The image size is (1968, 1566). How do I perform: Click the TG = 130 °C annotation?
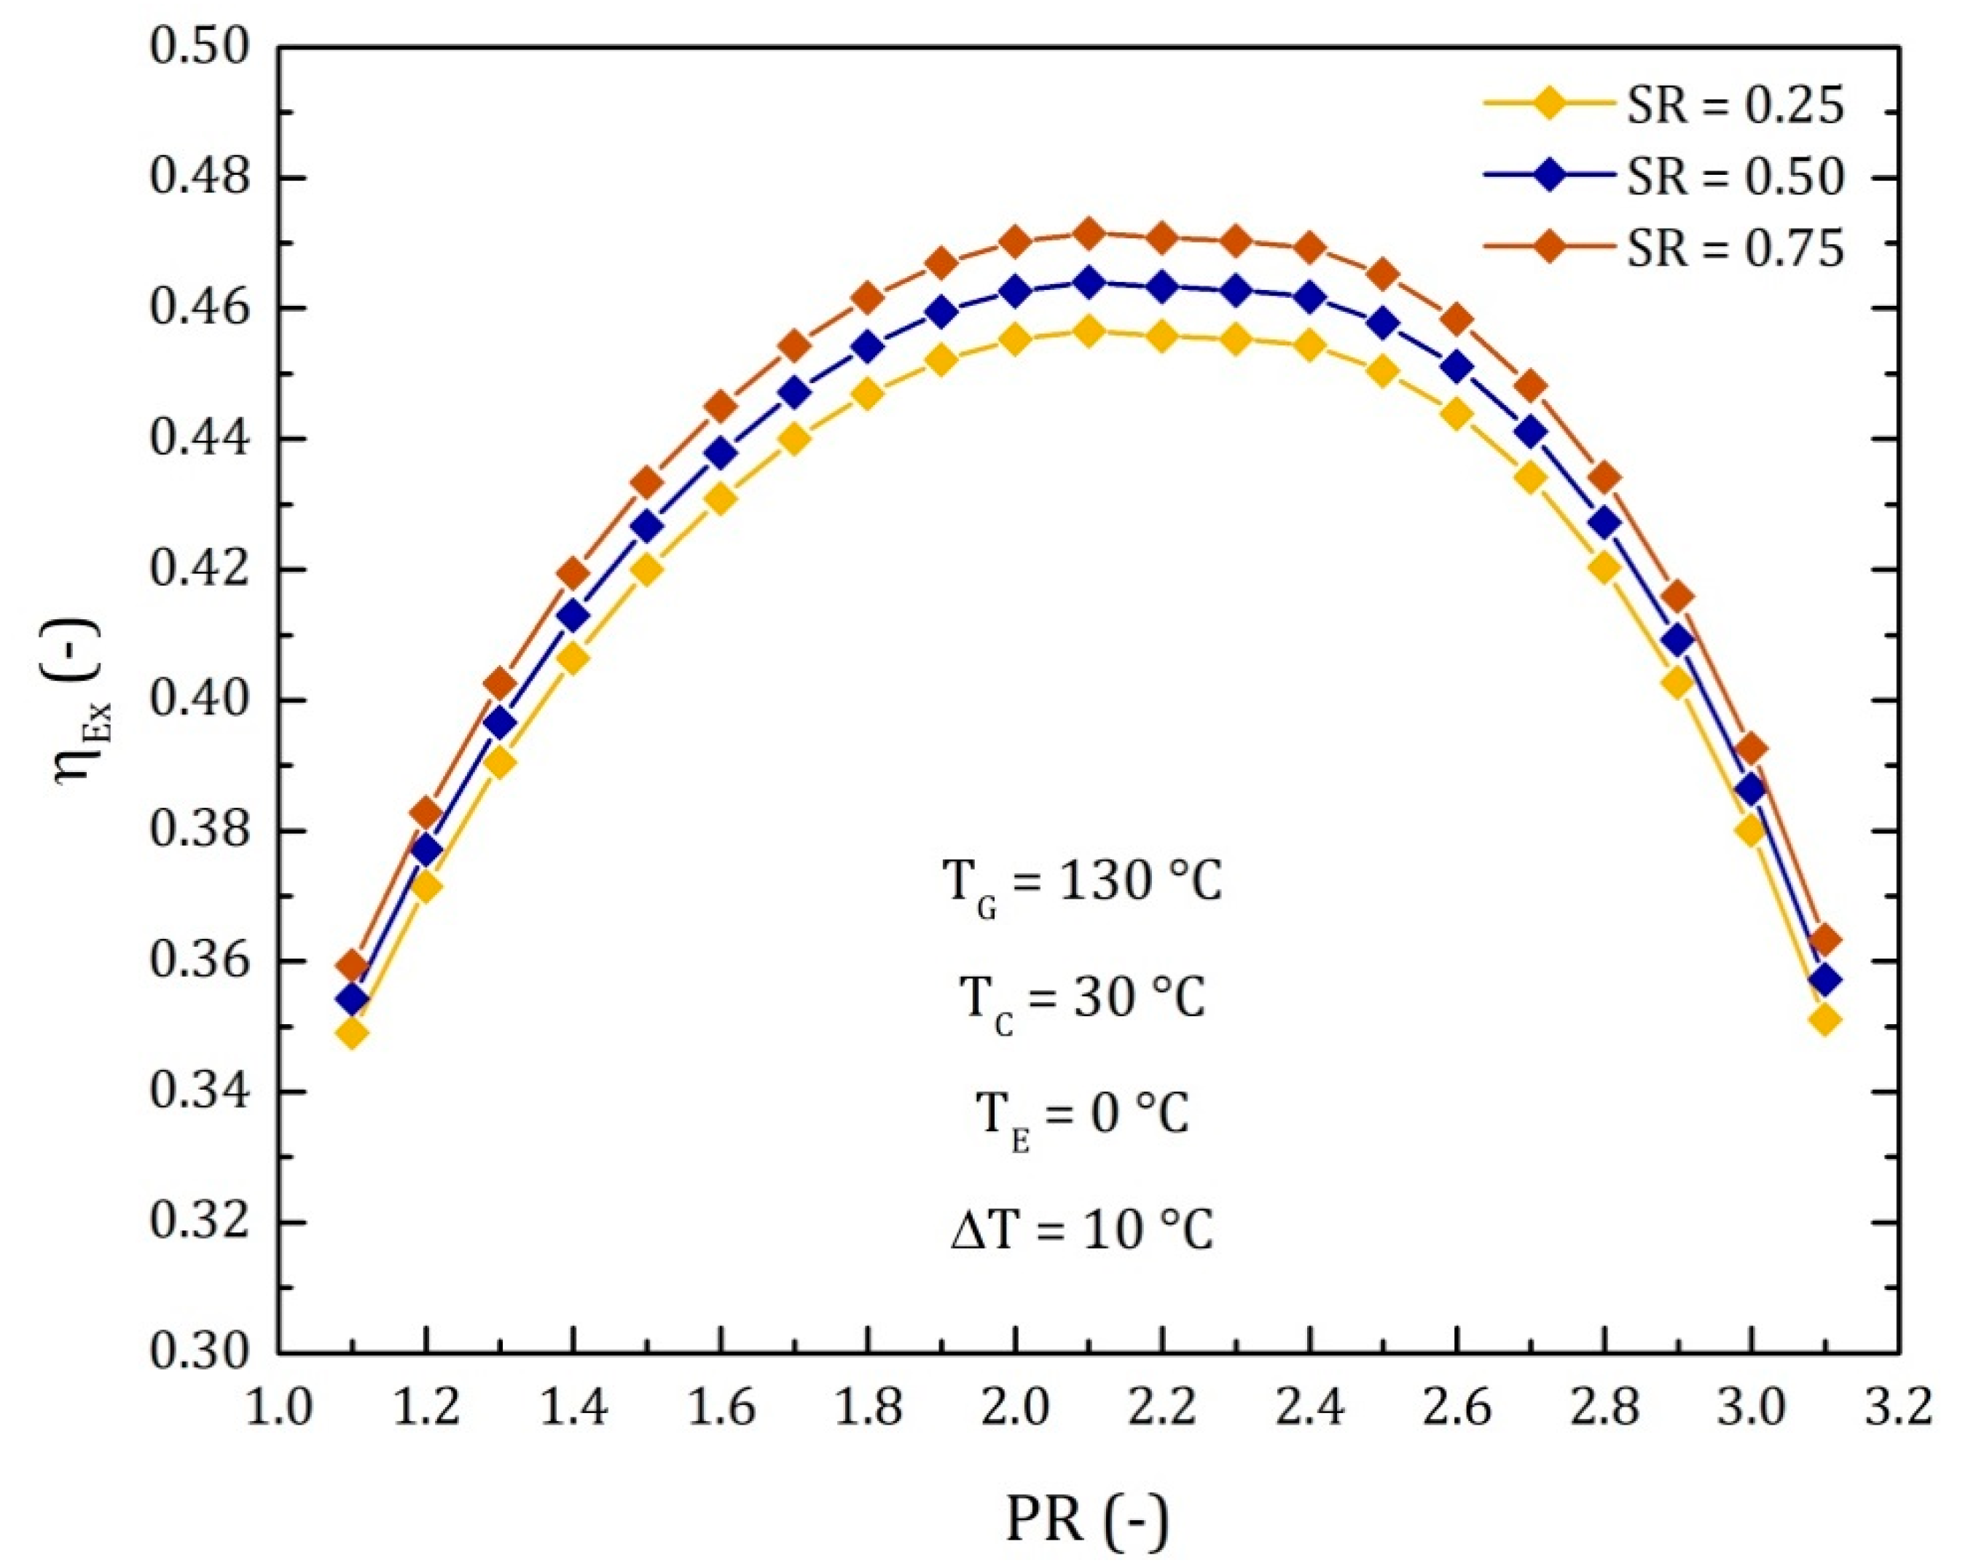(x=1082, y=885)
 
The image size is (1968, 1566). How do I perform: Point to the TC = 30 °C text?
(x=1082, y=1000)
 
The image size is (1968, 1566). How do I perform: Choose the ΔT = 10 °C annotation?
(x=1082, y=1231)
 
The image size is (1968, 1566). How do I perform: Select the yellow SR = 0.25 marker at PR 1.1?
(x=353, y=1033)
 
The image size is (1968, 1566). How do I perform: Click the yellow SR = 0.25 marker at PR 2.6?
(x=1457, y=414)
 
